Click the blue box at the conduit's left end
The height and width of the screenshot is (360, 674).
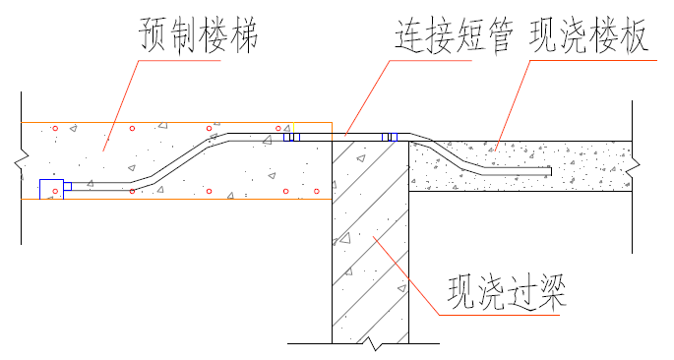coord(51,190)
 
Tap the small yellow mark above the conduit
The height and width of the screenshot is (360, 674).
coord(292,127)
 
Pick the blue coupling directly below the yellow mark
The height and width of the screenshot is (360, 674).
coord(291,137)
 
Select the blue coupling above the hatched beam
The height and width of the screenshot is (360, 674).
coord(389,137)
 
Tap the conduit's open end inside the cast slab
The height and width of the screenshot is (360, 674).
coord(549,171)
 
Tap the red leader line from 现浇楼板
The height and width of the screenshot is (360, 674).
coord(512,103)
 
